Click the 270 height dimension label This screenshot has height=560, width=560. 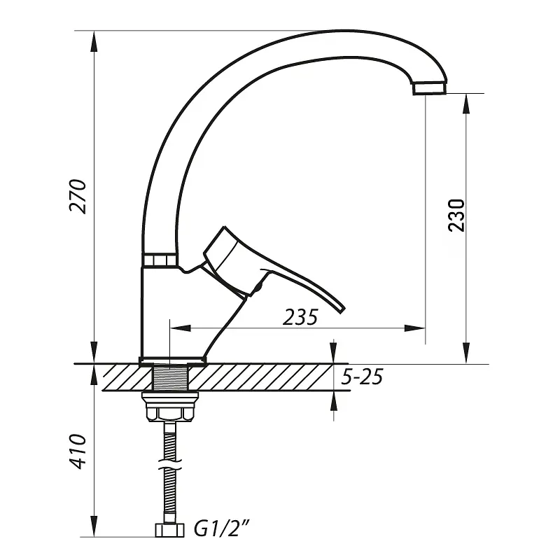click(78, 197)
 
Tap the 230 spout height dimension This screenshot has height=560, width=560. click(457, 216)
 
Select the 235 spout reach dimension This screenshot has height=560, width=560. click(300, 317)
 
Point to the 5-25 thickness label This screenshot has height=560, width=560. click(362, 377)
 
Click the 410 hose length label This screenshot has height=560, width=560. click(78, 451)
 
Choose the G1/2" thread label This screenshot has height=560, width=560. click(221, 528)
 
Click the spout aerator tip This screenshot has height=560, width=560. click(430, 88)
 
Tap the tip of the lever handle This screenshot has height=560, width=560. click(341, 309)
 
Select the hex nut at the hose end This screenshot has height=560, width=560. click(169, 531)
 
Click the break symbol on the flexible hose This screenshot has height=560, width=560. click(169, 464)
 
